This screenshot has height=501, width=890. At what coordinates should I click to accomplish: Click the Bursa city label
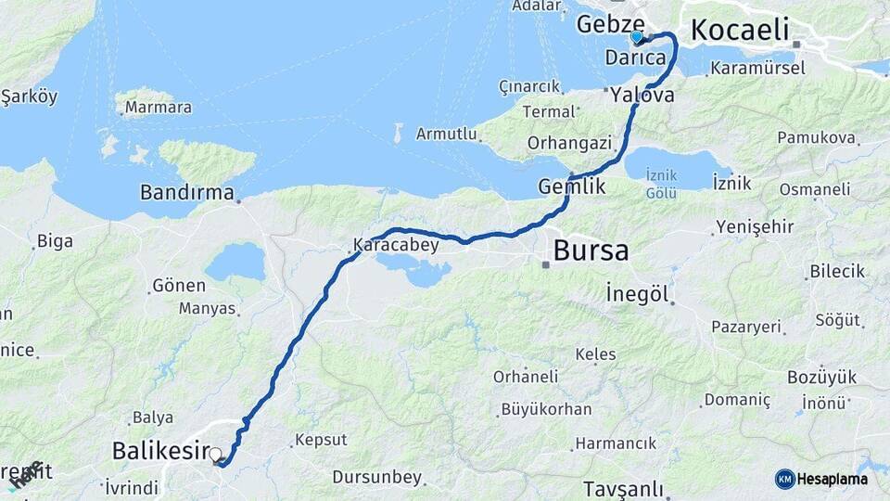591,250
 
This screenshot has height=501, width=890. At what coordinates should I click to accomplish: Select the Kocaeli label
739,28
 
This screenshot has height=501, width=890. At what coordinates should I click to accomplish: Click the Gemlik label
572,186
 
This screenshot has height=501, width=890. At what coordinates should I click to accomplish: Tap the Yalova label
642,94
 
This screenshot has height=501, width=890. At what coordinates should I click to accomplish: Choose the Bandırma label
185,193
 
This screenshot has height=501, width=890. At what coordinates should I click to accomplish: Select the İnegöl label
636,293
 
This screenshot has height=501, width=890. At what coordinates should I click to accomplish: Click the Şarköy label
30,97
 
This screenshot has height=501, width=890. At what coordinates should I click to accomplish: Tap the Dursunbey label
377,478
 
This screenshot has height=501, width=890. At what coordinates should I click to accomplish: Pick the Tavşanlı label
623,488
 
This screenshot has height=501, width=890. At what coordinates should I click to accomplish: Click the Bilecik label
837,271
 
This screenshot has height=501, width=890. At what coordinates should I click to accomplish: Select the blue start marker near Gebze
636,37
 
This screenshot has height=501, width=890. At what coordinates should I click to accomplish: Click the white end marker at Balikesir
215,455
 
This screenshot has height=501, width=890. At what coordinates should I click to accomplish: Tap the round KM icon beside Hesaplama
785,479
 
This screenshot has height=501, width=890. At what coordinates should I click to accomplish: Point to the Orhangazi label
569,143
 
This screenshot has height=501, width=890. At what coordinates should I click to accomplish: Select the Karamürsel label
752,69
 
